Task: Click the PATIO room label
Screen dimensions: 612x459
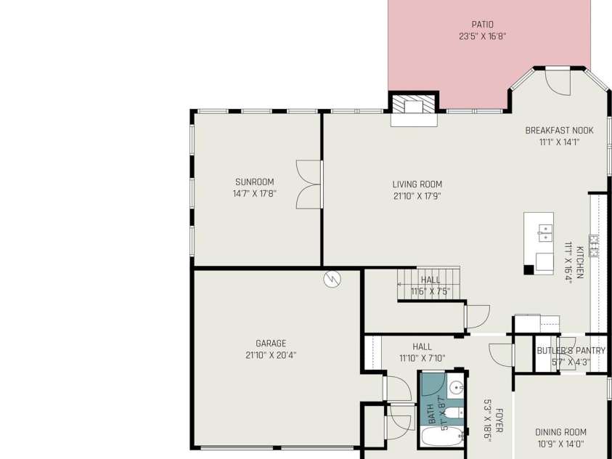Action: coord(483,25)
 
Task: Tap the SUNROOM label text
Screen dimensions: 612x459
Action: coord(255,182)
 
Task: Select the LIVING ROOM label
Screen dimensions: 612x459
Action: coord(417,184)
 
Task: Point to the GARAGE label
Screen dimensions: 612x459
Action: coord(271,344)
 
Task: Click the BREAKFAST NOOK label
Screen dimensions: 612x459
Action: coord(559,130)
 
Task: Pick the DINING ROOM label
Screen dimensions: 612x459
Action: coord(560,432)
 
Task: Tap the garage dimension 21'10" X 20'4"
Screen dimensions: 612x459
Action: coord(271,355)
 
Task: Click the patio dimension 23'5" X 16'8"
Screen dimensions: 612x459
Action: coord(483,36)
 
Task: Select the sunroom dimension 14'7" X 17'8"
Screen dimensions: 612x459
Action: coord(255,194)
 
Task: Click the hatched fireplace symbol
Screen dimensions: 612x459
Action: coord(414,104)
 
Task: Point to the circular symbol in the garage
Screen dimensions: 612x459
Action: coord(332,279)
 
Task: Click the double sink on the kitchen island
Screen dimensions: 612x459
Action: coord(545,232)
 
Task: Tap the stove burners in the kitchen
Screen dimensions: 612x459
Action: coord(594,246)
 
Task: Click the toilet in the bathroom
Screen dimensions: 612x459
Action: coord(454,413)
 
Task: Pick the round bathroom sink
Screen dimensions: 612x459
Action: coord(455,388)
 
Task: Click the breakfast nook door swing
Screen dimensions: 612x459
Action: coord(558,83)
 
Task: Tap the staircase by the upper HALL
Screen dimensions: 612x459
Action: coord(428,284)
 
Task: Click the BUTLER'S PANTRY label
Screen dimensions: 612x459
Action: coord(571,351)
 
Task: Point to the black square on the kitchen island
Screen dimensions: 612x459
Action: coord(529,269)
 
